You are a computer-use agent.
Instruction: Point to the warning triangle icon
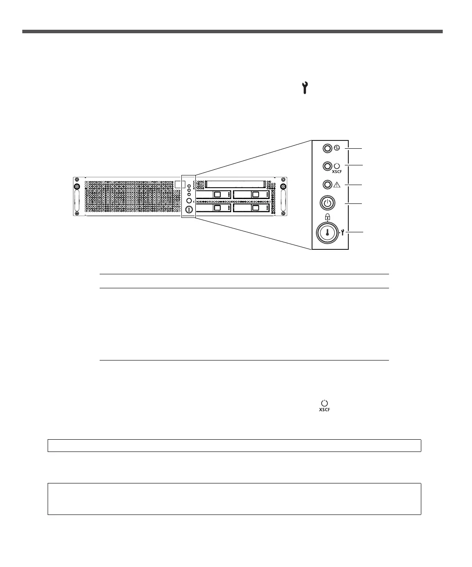coord(337,185)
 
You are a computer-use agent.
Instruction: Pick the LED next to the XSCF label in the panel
coord(327,166)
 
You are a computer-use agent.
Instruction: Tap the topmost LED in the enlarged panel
coord(327,148)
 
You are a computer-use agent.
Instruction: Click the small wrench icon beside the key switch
coord(342,233)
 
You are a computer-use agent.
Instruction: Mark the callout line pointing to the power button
coord(355,203)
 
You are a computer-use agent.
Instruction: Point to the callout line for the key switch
coord(355,233)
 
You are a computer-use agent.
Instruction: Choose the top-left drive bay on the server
coord(214,194)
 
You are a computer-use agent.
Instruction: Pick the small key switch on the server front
coord(189,210)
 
